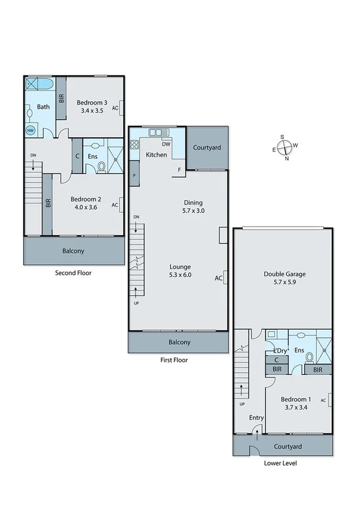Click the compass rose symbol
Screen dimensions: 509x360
286,146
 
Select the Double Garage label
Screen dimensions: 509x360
282,275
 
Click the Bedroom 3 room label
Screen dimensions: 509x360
92,103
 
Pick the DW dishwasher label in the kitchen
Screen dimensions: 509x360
167,144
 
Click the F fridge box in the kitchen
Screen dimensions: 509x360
179,170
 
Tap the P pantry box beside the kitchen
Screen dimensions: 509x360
134,176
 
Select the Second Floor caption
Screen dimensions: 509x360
74,272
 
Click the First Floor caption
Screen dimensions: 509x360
174,360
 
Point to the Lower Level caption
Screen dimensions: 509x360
280,463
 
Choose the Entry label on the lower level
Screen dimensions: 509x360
256,418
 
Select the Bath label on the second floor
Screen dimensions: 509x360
44,107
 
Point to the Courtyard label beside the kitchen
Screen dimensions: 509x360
207,147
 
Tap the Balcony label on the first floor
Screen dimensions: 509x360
179,342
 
